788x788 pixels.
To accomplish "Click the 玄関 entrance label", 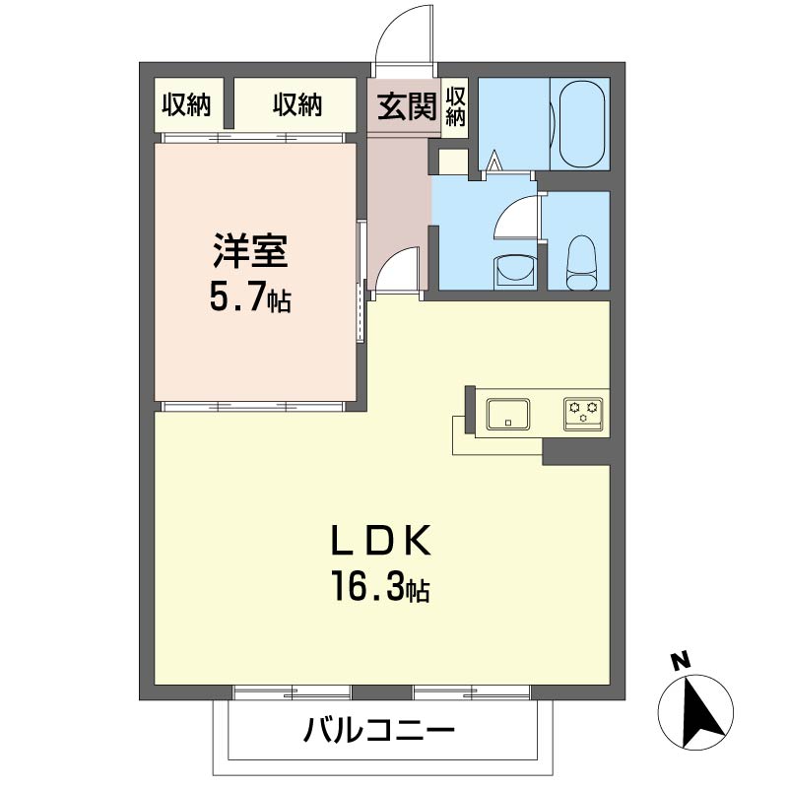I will point(404,105).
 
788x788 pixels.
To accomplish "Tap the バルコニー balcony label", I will point(379,732).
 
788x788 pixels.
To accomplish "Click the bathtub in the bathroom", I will point(585,124).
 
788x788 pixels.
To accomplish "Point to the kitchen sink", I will point(507,413).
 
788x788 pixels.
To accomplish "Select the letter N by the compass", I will point(679,662).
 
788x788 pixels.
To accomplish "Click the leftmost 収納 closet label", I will point(187,105).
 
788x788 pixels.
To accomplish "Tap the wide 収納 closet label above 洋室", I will point(297,105).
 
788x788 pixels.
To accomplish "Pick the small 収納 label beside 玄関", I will point(455,105).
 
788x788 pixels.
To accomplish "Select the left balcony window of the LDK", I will point(293,691).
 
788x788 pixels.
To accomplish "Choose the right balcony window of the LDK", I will point(472,691).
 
